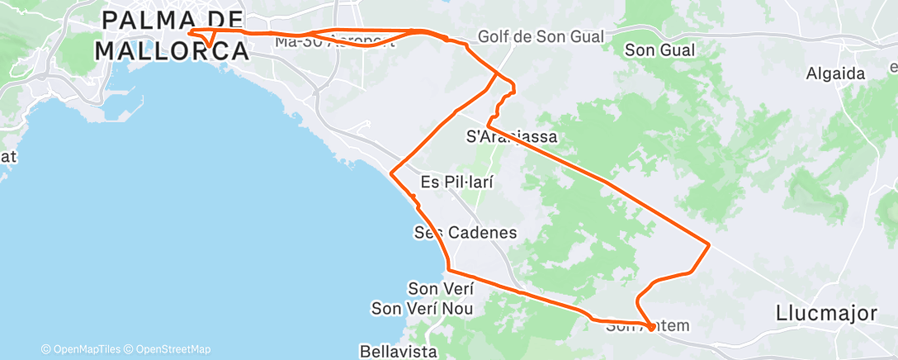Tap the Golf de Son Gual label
pos(541,37)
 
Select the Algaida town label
pos(835,73)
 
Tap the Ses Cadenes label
pos(466,233)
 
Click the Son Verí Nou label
pos(422,309)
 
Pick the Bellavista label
pos(398,351)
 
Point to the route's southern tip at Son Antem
pos(652,328)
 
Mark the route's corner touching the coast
pos(390,173)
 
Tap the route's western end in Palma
pos(191,32)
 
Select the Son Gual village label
pos(660,50)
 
